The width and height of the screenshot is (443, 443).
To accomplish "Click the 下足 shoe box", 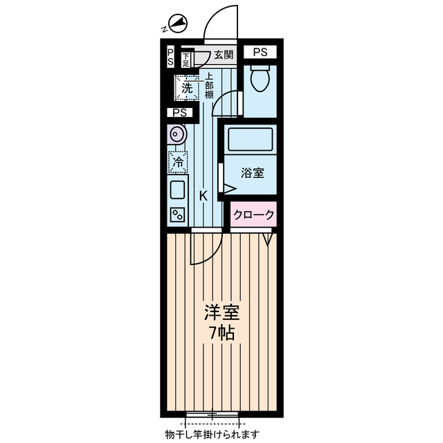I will click(x=186, y=60).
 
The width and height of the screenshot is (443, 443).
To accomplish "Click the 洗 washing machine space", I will click(x=186, y=88).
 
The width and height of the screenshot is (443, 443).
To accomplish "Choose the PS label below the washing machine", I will click(x=180, y=113).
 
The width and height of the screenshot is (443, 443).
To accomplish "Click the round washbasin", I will click(x=177, y=135).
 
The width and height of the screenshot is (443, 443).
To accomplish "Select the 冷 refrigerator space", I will click(x=178, y=163).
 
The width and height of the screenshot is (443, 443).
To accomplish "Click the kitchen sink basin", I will click(x=177, y=189).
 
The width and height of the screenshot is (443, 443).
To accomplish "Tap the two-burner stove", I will click(x=177, y=215).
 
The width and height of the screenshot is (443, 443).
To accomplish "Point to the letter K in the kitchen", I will click(x=203, y=195).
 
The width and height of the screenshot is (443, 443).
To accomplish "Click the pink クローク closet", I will click(x=253, y=215).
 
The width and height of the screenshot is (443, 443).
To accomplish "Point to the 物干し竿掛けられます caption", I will click(x=212, y=434).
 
